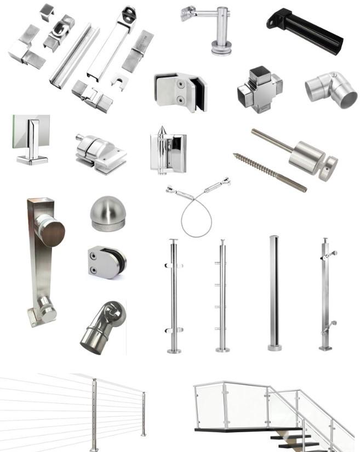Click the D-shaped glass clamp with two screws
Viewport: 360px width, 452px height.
(x=107, y=261)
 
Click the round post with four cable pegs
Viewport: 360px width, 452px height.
(x=222, y=296)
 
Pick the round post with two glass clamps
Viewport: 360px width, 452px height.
(x=173, y=296)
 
